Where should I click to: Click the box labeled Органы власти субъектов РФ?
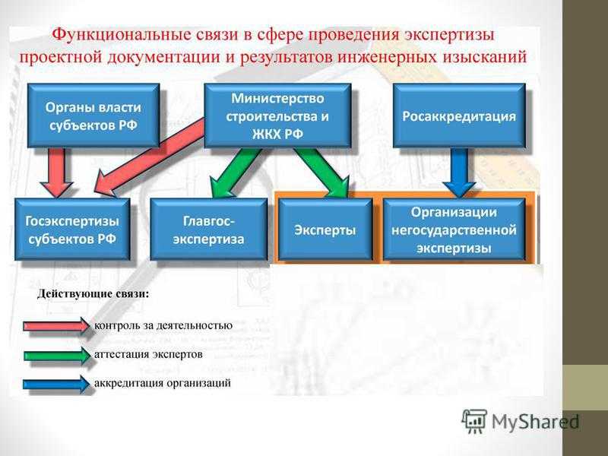pyautogui.click(x=93, y=116)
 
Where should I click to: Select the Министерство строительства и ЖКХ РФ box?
pyautogui.click(x=277, y=116)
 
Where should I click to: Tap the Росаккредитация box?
pyautogui.click(x=459, y=116)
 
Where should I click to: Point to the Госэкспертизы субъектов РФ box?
pyautogui.click(x=72, y=230)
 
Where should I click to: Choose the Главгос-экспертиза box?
pyautogui.click(x=208, y=230)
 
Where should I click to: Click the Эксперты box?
pyautogui.click(x=325, y=230)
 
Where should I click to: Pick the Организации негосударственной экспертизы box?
pyautogui.click(x=454, y=230)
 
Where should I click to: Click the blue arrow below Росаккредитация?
pyautogui.click(x=460, y=173)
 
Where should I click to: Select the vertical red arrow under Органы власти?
pyautogui.click(x=57, y=173)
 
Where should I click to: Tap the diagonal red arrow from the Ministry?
pyautogui.click(x=149, y=158)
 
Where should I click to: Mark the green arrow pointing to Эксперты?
pyautogui.click(x=322, y=173)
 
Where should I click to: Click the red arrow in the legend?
pyautogui.click(x=56, y=326)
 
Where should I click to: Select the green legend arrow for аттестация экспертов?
pyautogui.click(x=56, y=355)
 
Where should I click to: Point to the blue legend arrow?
pyautogui.click(x=56, y=385)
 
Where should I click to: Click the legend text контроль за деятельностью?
pyautogui.click(x=163, y=325)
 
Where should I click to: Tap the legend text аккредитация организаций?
pyautogui.click(x=163, y=383)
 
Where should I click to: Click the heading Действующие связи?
pyautogui.click(x=93, y=294)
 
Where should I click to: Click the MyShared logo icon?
pyautogui.click(x=474, y=420)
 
